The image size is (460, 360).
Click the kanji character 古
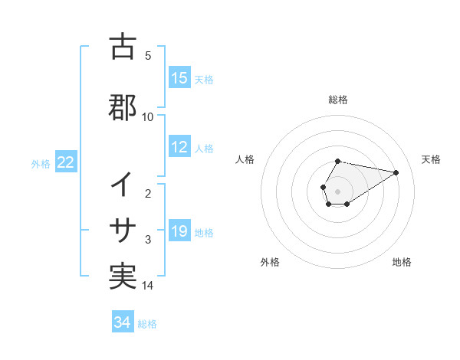[123, 47]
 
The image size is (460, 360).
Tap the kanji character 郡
[123, 106]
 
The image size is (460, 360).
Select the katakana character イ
[123, 184]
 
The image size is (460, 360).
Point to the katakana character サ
[123, 230]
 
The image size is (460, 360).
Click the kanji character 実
[123, 277]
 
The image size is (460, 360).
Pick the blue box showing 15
[179, 78]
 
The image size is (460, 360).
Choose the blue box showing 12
[179, 148]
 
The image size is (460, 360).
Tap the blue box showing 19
[179, 231]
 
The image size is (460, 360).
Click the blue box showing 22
[65, 162]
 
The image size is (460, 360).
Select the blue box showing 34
[123, 323]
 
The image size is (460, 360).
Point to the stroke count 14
[148, 286]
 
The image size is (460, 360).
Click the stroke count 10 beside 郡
[148, 116]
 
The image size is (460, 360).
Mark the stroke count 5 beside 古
[148, 56]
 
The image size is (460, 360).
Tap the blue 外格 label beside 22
[41, 163]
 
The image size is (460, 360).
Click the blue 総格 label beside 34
[147, 324]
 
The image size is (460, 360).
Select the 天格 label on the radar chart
[431, 159]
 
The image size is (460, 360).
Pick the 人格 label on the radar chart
[245, 159]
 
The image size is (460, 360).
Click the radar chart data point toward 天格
[396, 172]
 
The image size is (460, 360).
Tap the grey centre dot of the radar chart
[338, 191]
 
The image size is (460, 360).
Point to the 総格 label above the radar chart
[338, 100]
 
